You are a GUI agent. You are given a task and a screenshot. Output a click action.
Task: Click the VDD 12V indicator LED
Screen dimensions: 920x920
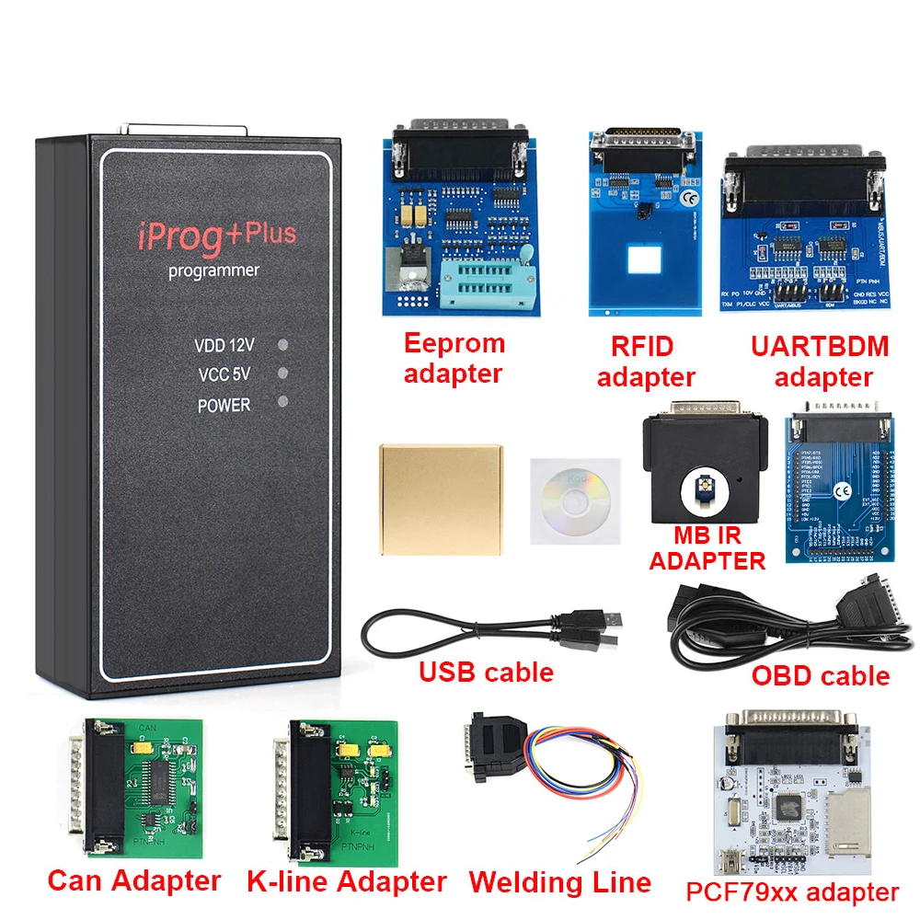[283, 345]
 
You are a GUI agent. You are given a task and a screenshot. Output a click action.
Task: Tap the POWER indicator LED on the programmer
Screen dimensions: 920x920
[283, 402]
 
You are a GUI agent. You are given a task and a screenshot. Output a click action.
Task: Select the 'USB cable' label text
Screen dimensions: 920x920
[486, 673]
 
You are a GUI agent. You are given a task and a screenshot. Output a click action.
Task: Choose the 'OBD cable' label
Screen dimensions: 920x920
[821, 676]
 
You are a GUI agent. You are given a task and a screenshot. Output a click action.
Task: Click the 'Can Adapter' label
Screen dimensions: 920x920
[134, 880]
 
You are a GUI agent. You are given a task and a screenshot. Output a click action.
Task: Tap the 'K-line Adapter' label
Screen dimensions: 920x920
[346, 881]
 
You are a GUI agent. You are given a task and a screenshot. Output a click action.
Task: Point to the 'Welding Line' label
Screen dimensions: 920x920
[559, 882]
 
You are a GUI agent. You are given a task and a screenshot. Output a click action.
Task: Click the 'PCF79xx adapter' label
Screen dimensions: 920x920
[792, 891]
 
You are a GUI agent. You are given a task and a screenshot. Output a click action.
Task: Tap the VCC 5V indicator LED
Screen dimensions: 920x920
[283, 374]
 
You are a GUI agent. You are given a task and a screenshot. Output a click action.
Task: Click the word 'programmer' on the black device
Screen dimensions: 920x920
[213, 270]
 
